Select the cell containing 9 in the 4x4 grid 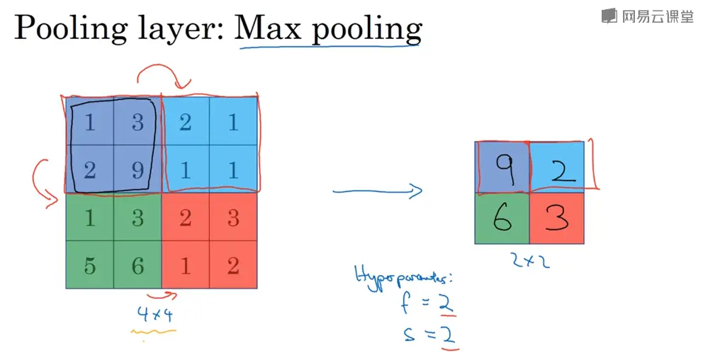pos(137,169)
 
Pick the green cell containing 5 pos(89,265)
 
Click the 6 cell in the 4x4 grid pos(137,265)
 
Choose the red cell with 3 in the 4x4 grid pos(233,217)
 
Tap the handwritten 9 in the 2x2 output pos(503,167)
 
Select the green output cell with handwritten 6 pos(502,219)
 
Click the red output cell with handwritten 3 pos(557,219)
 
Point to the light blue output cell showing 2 pos(558,168)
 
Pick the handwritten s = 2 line pos(427,333)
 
